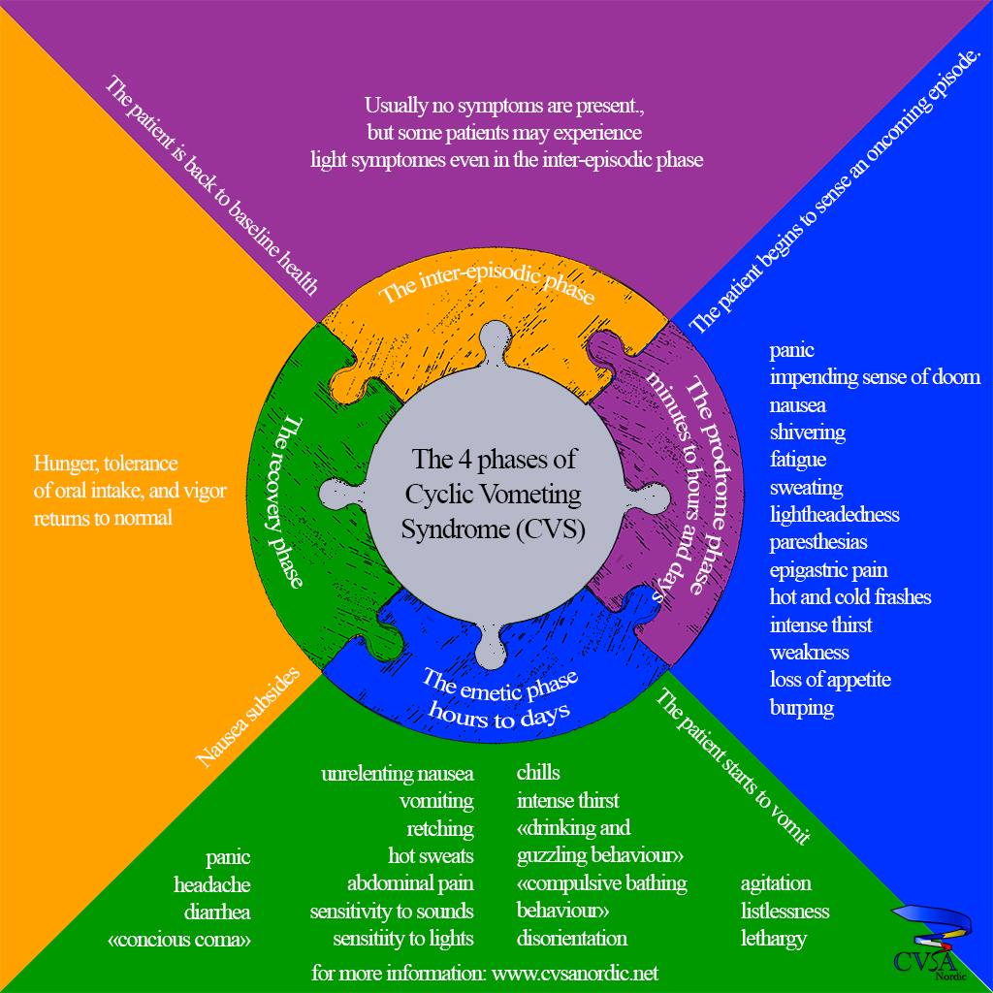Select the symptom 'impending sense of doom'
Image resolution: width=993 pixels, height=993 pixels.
(875, 377)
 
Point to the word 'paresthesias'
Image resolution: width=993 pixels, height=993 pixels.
(818, 541)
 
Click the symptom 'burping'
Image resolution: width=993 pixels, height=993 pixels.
(802, 707)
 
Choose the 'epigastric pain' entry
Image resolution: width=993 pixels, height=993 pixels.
(828, 569)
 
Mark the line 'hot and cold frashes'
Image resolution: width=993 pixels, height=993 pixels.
(850, 596)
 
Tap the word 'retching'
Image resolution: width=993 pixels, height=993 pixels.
(440, 828)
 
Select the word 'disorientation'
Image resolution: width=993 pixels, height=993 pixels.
(572, 939)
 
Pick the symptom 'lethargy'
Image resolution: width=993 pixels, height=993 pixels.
(773, 939)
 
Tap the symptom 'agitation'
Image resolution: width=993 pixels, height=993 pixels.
(776, 883)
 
